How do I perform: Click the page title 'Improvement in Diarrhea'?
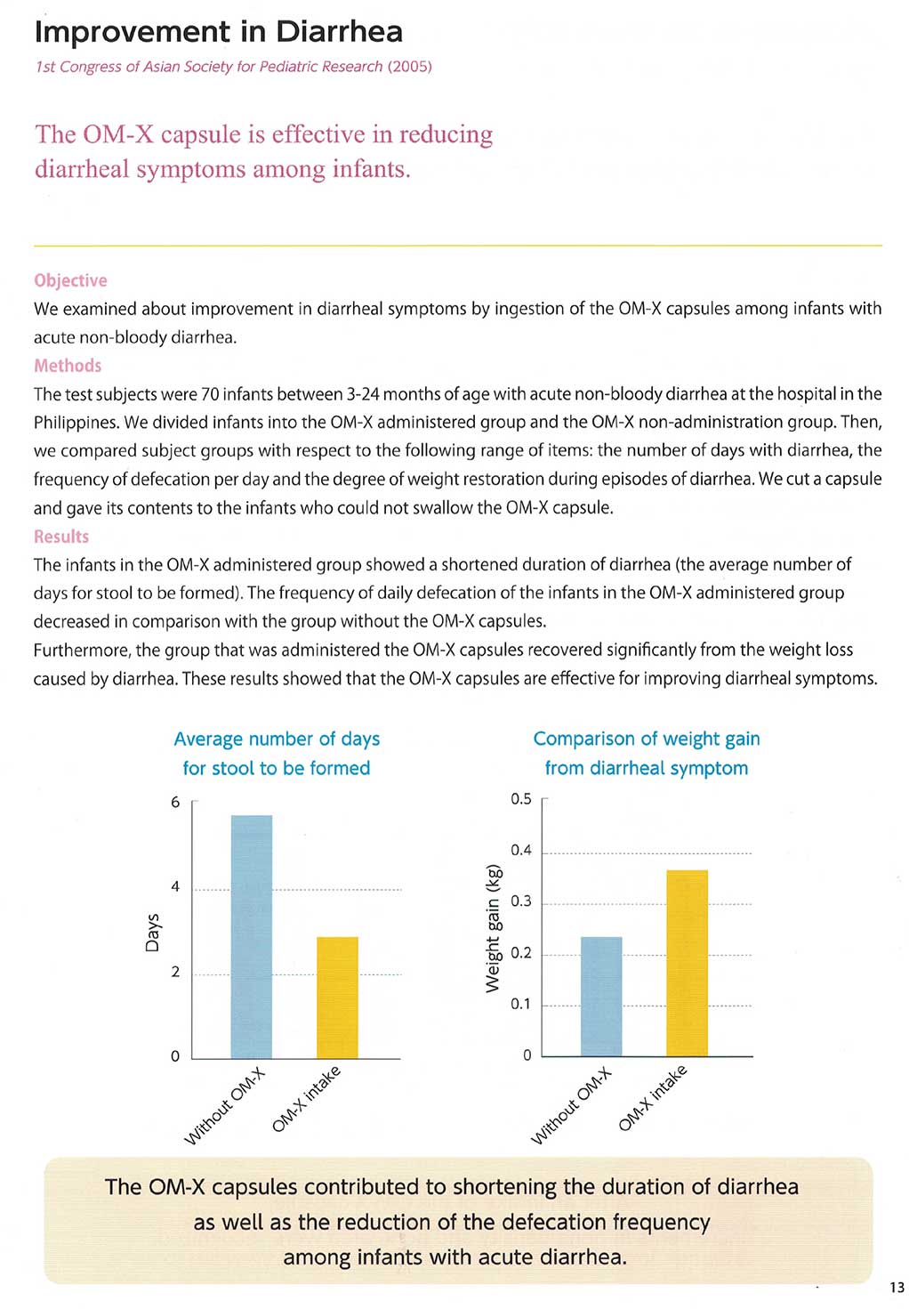(218, 32)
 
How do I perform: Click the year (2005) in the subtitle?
(410, 67)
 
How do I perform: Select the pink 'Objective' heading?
(70, 280)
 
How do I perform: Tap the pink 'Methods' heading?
(68, 366)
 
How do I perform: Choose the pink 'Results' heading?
(61, 537)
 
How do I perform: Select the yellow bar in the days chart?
(337, 998)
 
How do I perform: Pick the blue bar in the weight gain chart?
(601, 997)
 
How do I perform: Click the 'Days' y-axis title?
(153, 932)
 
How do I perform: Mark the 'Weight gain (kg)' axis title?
(493, 928)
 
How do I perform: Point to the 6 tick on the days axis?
(175, 802)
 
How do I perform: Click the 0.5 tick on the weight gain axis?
(521, 799)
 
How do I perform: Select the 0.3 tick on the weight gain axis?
(521, 901)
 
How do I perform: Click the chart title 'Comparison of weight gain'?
(647, 739)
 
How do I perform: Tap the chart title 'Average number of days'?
(277, 739)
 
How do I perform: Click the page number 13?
(897, 1288)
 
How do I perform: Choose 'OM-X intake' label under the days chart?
(306, 1099)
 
